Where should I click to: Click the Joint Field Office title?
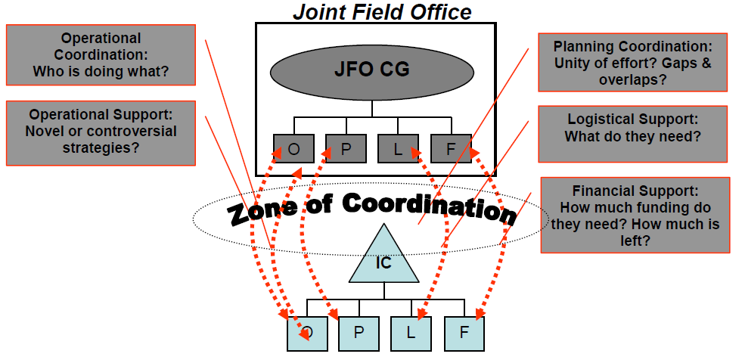(x=382, y=11)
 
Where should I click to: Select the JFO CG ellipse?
(x=372, y=70)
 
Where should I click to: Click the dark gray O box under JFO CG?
(x=293, y=148)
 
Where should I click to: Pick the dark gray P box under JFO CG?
(x=346, y=148)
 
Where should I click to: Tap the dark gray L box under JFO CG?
(x=398, y=148)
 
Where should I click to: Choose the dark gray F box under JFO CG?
(x=451, y=148)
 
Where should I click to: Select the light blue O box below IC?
(x=307, y=333)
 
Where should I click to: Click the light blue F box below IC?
(x=464, y=333)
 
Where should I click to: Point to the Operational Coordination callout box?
(x=101, y=55)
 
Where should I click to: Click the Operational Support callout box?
(x=101, y=132)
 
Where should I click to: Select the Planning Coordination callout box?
(x=632, y=62)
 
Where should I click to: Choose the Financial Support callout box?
(x=635, y=216)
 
